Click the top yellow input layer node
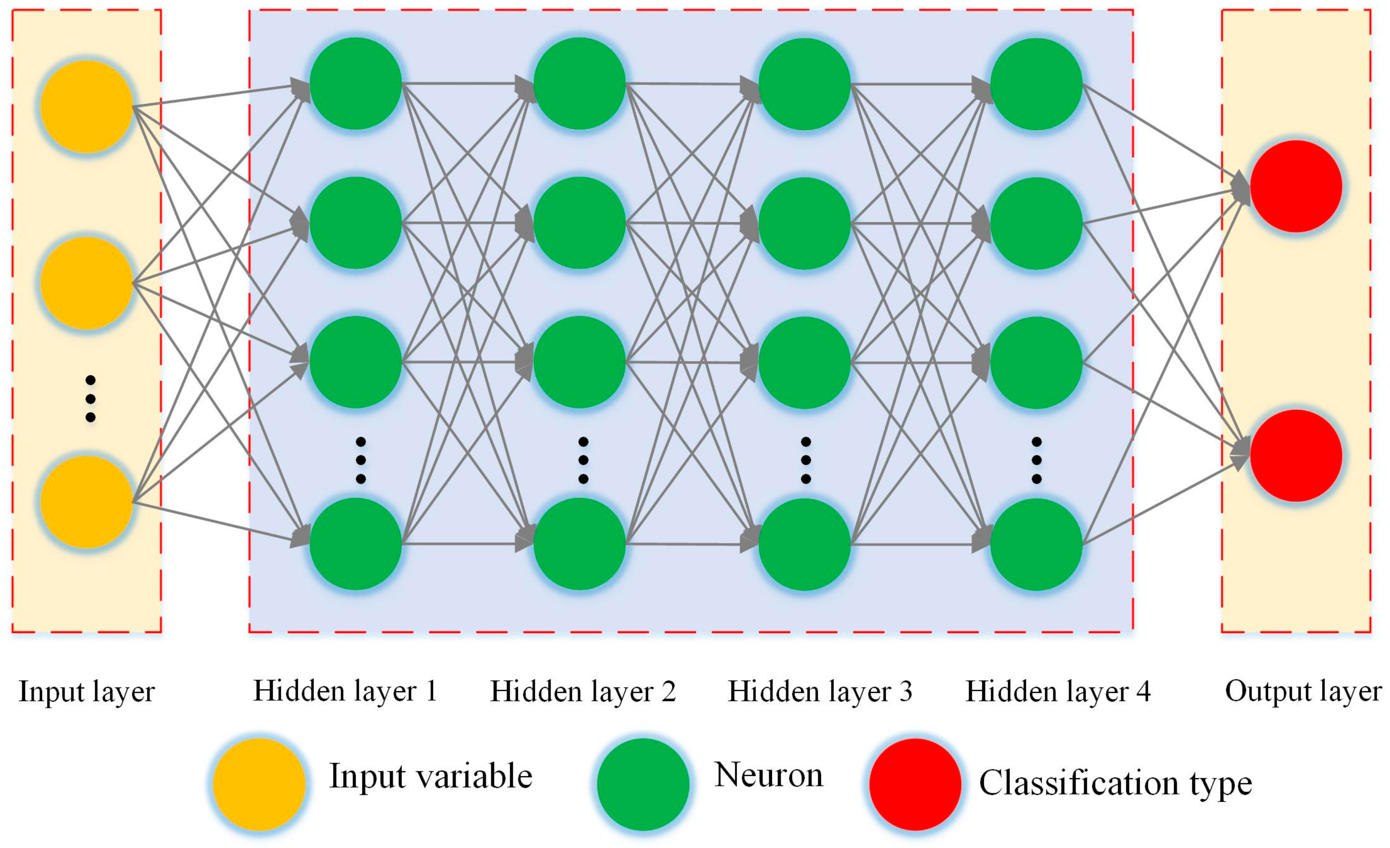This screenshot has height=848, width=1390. (86, 106)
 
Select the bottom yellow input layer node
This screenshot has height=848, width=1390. (86, 502)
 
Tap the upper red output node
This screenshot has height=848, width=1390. (1295, 186)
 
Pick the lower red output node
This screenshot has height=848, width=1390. (1295, 455)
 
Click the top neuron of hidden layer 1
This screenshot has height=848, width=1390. (356, 84)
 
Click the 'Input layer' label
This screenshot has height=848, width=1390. (86, 692)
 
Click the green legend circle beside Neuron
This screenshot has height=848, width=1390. (643, 784)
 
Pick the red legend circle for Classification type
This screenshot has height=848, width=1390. (915, 784)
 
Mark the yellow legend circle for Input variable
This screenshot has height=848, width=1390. (259, 784)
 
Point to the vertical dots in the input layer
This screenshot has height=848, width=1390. (90, 399)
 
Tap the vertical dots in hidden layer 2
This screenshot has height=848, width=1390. (583, 460)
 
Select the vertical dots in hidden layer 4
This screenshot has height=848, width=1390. (1036, 460)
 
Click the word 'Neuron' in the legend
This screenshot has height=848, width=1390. (768, 776)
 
